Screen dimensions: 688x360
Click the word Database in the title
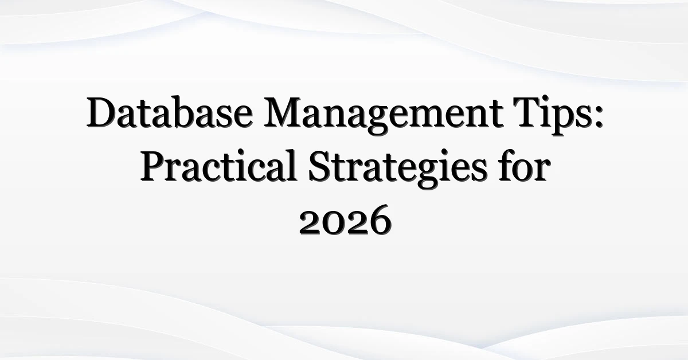(x=170, y=112)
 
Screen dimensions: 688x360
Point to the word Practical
(x=218, y=166)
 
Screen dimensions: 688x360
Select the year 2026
(x=346, y=221)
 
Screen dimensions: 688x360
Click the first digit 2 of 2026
(x=310, y=224)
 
